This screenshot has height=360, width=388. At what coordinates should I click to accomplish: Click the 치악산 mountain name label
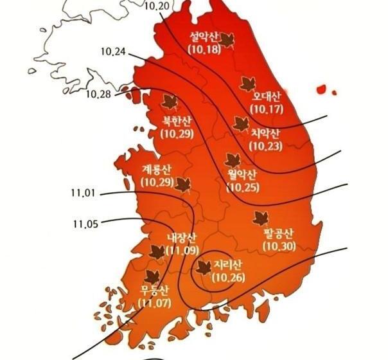[264, 134]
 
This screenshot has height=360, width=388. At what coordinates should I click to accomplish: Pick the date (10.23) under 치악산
[264, 146]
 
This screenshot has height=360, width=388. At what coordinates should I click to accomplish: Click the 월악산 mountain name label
[242, 174]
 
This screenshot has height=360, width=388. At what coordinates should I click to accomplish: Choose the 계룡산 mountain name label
[155, 170]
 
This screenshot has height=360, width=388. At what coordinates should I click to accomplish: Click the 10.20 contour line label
[158, 6]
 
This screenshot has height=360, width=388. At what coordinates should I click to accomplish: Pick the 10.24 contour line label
[114, 51]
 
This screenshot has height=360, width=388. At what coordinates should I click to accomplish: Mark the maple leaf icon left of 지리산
[204, 267]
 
